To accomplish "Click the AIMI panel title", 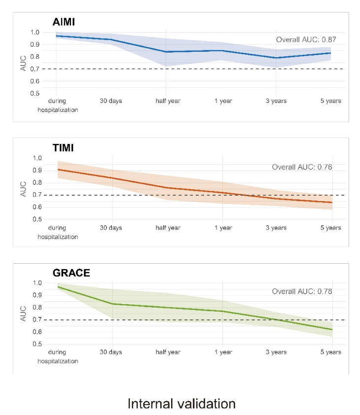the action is [64, 22].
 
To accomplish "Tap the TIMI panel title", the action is [63, 148].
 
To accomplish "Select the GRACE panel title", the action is [71, 273].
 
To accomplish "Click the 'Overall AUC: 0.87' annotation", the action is [306, 40].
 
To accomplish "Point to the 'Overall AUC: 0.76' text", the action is [302, 167].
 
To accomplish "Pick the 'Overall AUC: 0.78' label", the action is [302, 291].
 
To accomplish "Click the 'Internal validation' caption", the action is [181, 404].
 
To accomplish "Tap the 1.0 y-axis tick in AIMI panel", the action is [35, 33].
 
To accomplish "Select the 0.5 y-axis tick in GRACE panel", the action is [37, 344].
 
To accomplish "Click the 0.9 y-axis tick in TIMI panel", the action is [37, 170].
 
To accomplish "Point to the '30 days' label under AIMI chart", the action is [111, 101].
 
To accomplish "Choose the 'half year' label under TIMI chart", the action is [168, 228].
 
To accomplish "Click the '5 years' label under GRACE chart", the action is [330, 352].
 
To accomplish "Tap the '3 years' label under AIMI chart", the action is [276, 101].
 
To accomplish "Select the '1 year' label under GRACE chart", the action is [223, 352].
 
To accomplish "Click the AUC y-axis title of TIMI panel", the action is [23, 189].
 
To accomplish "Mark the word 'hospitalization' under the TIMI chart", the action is [58, 237].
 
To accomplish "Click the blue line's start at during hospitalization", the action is [56, 36].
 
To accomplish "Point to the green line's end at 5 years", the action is [332, 330].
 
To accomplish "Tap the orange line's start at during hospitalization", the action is [58, 170].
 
